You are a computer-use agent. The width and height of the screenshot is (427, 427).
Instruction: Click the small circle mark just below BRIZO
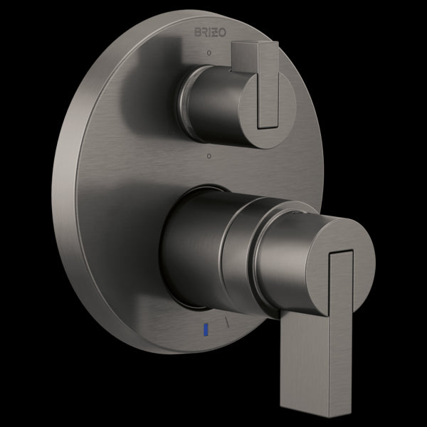(x=208, y=54)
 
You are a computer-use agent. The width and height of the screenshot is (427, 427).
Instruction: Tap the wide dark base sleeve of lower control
(x=189, y=249)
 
